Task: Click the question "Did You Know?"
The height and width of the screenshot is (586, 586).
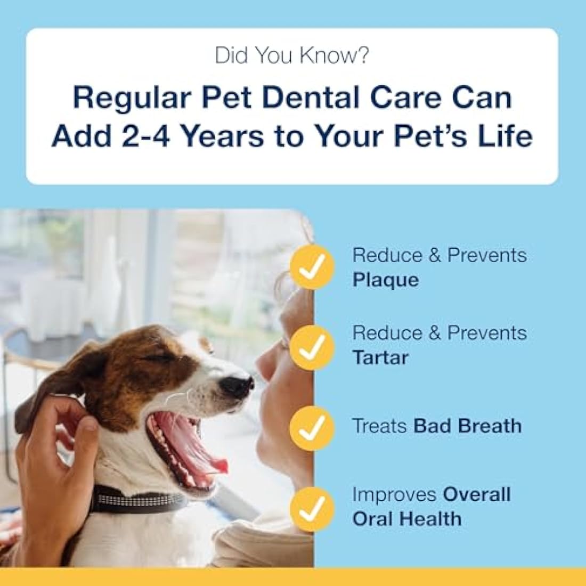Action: (291, 55)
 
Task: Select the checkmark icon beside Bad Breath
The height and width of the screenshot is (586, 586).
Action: (312, 427)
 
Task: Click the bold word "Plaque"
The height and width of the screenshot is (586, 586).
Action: (385, 280)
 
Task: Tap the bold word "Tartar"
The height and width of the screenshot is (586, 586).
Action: (380, 357)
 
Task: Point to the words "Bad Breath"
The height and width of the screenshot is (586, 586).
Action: (467, 426)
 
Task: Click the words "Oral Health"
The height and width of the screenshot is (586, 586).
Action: (407, 519)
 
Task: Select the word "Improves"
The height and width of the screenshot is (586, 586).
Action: (394, 494)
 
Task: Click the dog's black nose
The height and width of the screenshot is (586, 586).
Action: (235, 385)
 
